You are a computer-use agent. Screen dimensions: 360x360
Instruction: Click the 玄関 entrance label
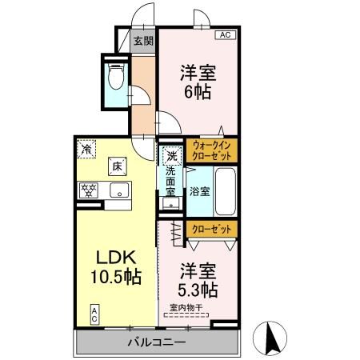(x=143, y=42)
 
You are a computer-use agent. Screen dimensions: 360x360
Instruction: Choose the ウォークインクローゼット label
(x=212, y=150)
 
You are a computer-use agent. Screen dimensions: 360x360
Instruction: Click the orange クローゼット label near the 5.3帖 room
(x=212, y=230)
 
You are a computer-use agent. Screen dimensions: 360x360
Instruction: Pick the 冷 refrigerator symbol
(x=86, y=147)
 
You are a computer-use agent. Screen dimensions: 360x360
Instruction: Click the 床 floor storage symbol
(x=115, y=167)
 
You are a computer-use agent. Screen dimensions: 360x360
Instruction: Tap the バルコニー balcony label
(x=157, y=342)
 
